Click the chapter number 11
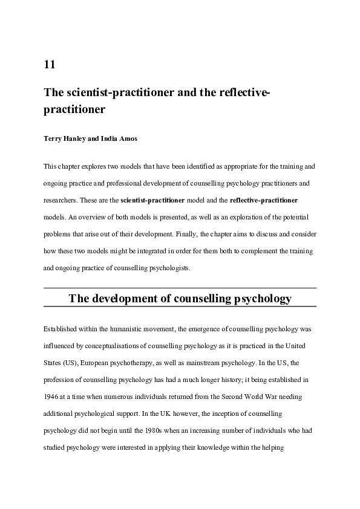pos(50,65)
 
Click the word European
pos(91,363)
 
